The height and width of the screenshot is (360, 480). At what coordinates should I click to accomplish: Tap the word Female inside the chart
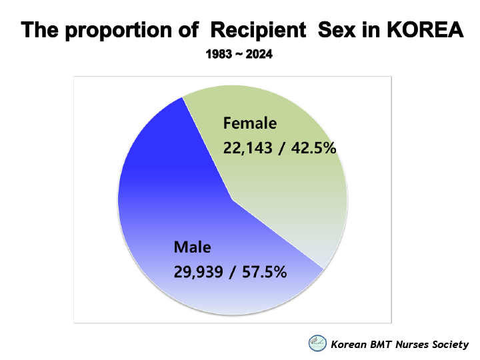250,123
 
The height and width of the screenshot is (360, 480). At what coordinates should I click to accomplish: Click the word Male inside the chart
192,247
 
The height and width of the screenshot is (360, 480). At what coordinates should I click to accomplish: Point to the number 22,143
247,148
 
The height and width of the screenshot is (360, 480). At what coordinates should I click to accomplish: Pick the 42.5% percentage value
313,148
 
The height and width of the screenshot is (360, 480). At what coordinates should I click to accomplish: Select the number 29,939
199,272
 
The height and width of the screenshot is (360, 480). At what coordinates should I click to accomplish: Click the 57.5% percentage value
264,272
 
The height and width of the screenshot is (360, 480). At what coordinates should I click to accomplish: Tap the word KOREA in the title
425,30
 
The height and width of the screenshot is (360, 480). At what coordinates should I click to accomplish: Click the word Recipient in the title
259,31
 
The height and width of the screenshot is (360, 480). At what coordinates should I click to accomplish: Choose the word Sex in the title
337,30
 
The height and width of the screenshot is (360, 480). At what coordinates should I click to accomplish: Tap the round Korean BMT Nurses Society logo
317,343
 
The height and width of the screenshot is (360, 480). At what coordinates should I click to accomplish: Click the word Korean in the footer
349,345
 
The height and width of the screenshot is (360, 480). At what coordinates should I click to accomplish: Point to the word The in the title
40,30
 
